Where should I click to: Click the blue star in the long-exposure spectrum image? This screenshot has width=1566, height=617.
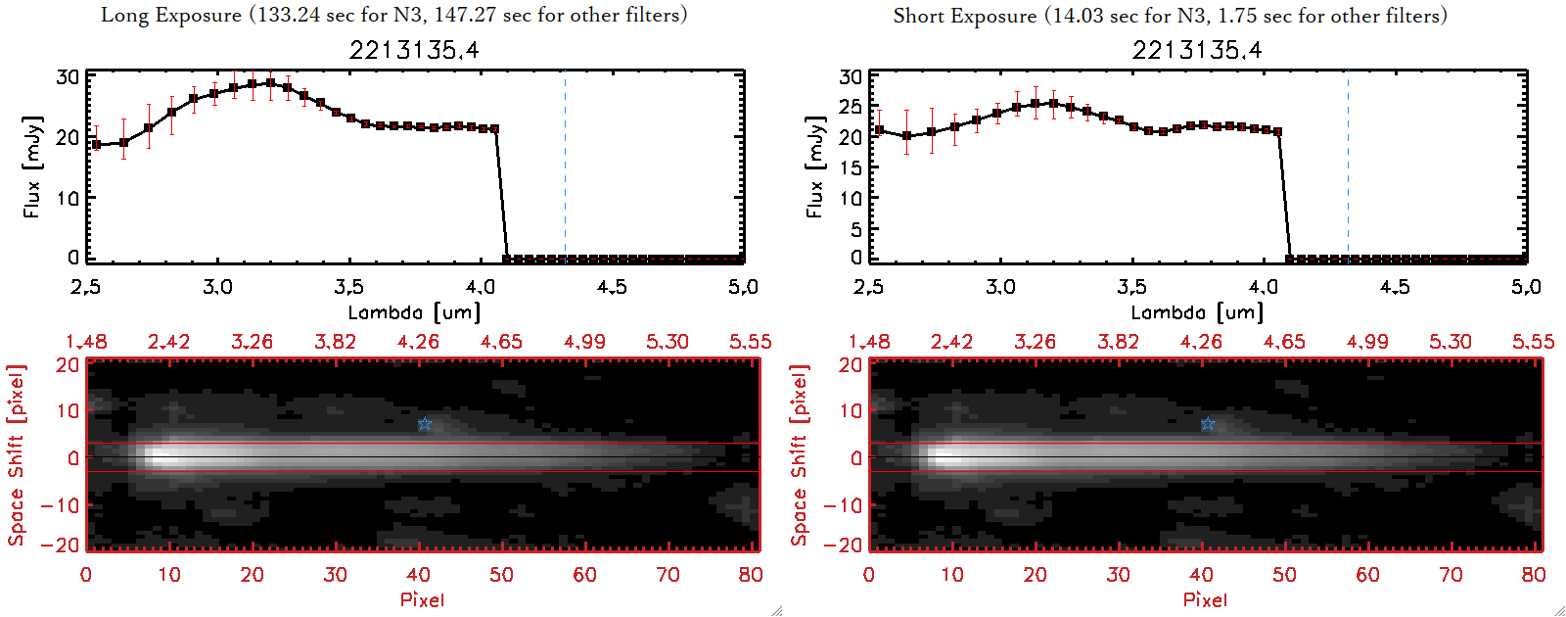(425, 424)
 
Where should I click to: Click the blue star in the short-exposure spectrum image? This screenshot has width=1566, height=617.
(1208, 424)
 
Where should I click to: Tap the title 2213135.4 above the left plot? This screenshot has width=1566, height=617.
(414, 50)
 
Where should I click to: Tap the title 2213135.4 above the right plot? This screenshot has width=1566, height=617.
(1197, 50)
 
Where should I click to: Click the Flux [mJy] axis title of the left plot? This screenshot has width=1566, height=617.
(32, 166)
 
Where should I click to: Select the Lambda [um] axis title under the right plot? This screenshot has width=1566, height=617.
(1197, 312)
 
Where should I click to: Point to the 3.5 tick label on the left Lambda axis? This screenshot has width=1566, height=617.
(348, 287)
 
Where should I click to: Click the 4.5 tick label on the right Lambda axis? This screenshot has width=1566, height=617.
(1395, 287)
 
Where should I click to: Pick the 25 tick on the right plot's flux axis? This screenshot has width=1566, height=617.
(852, 106)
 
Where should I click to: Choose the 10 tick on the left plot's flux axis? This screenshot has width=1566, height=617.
(68, 198)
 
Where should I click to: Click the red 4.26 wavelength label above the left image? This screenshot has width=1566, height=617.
(418, 342)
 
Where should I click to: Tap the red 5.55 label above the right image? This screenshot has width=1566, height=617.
(1533, 342)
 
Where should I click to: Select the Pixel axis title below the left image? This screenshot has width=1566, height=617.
(422, 599)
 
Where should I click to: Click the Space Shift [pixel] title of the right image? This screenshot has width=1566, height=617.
(800, 455)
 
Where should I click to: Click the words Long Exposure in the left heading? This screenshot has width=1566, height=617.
(171, 15)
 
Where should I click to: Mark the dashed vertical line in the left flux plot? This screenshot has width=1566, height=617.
(565, 166)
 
